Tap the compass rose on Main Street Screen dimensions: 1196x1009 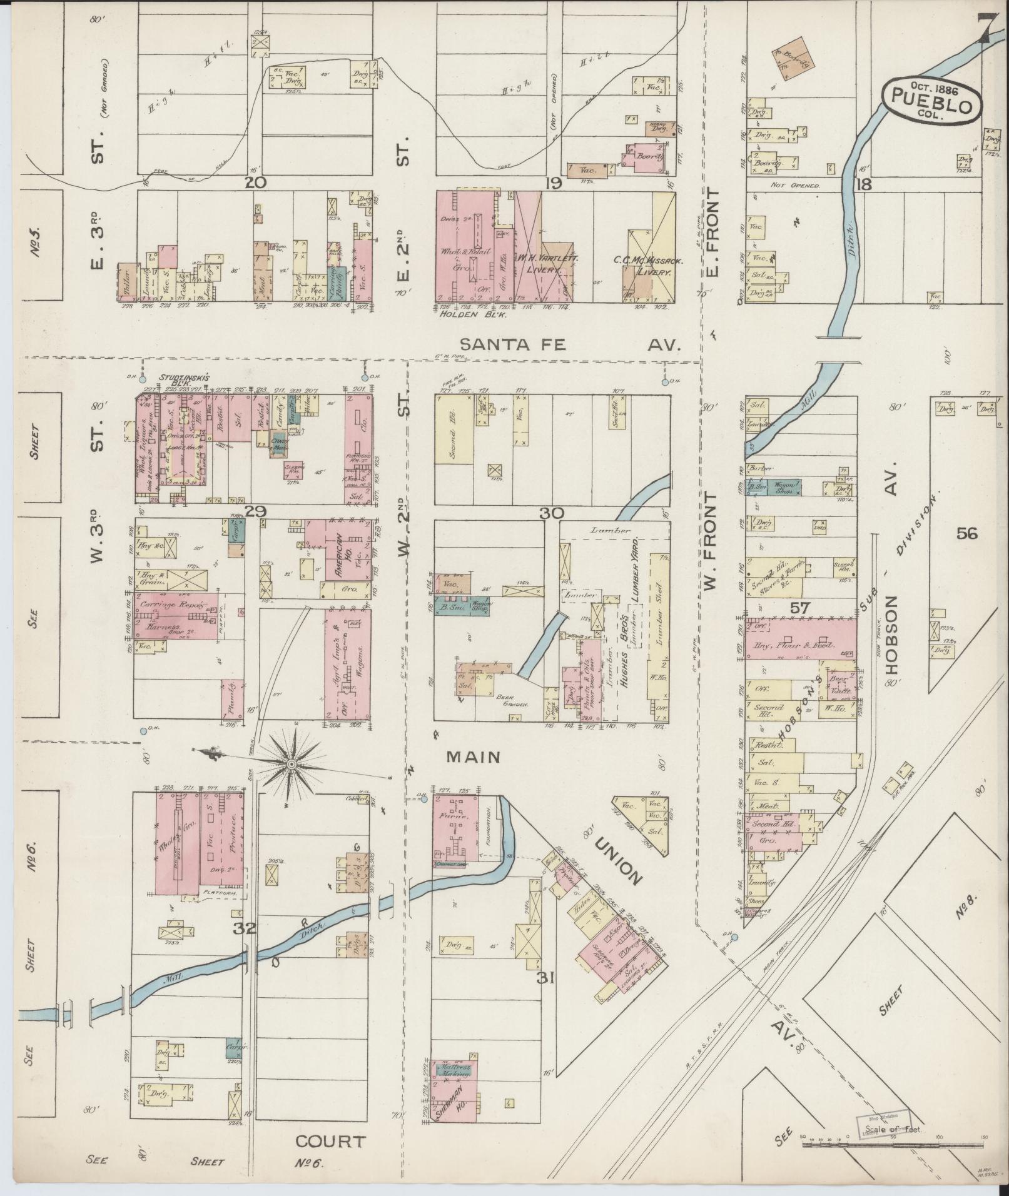291,764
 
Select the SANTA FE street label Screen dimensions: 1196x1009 513,344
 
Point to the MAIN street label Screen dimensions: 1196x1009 473,757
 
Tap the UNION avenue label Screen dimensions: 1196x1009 618,862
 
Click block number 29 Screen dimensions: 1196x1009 256,511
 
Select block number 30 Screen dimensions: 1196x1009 552,513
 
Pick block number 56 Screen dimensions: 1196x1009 966,533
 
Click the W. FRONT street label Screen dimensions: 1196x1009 710,540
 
